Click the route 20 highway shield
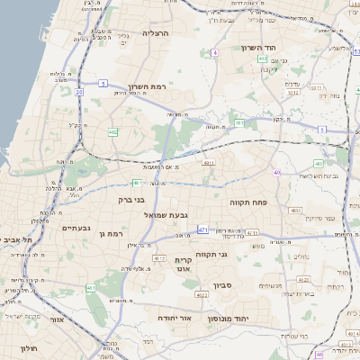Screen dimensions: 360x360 click(x=79, y=91)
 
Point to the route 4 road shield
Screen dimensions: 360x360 click(x=216, y=53)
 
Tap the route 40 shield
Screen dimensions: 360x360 click(x=277, y=172)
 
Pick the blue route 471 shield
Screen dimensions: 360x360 click(x=202, y=229)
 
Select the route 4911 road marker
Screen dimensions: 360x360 click(x=208, y=163)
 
